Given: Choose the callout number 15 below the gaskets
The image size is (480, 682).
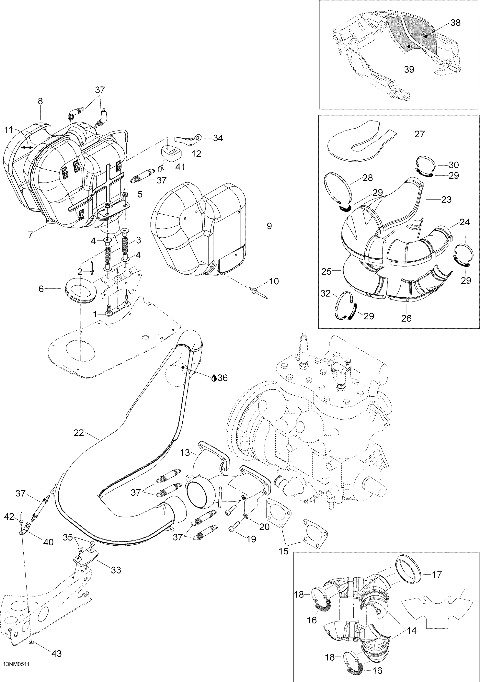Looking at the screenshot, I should [284, 551].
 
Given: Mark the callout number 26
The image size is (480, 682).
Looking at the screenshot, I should [406, 318].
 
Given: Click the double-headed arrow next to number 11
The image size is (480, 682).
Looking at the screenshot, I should [27, 147].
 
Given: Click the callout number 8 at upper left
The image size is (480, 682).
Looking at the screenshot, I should [40, 101].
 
